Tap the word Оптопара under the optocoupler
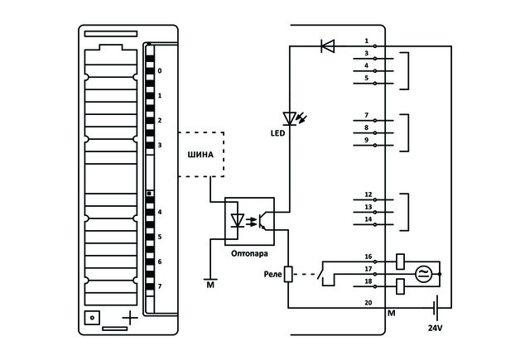[x=249, y=253]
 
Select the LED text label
[x=278, y=133]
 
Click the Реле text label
[x=272, y=274]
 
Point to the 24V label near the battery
[x=436, y=328]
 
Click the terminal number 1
[x=366, y=41]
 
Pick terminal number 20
[x=368, y=303]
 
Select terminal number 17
[x=368, y=269]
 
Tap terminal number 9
[x=366, y=140]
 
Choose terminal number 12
[x=368, y=194]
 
